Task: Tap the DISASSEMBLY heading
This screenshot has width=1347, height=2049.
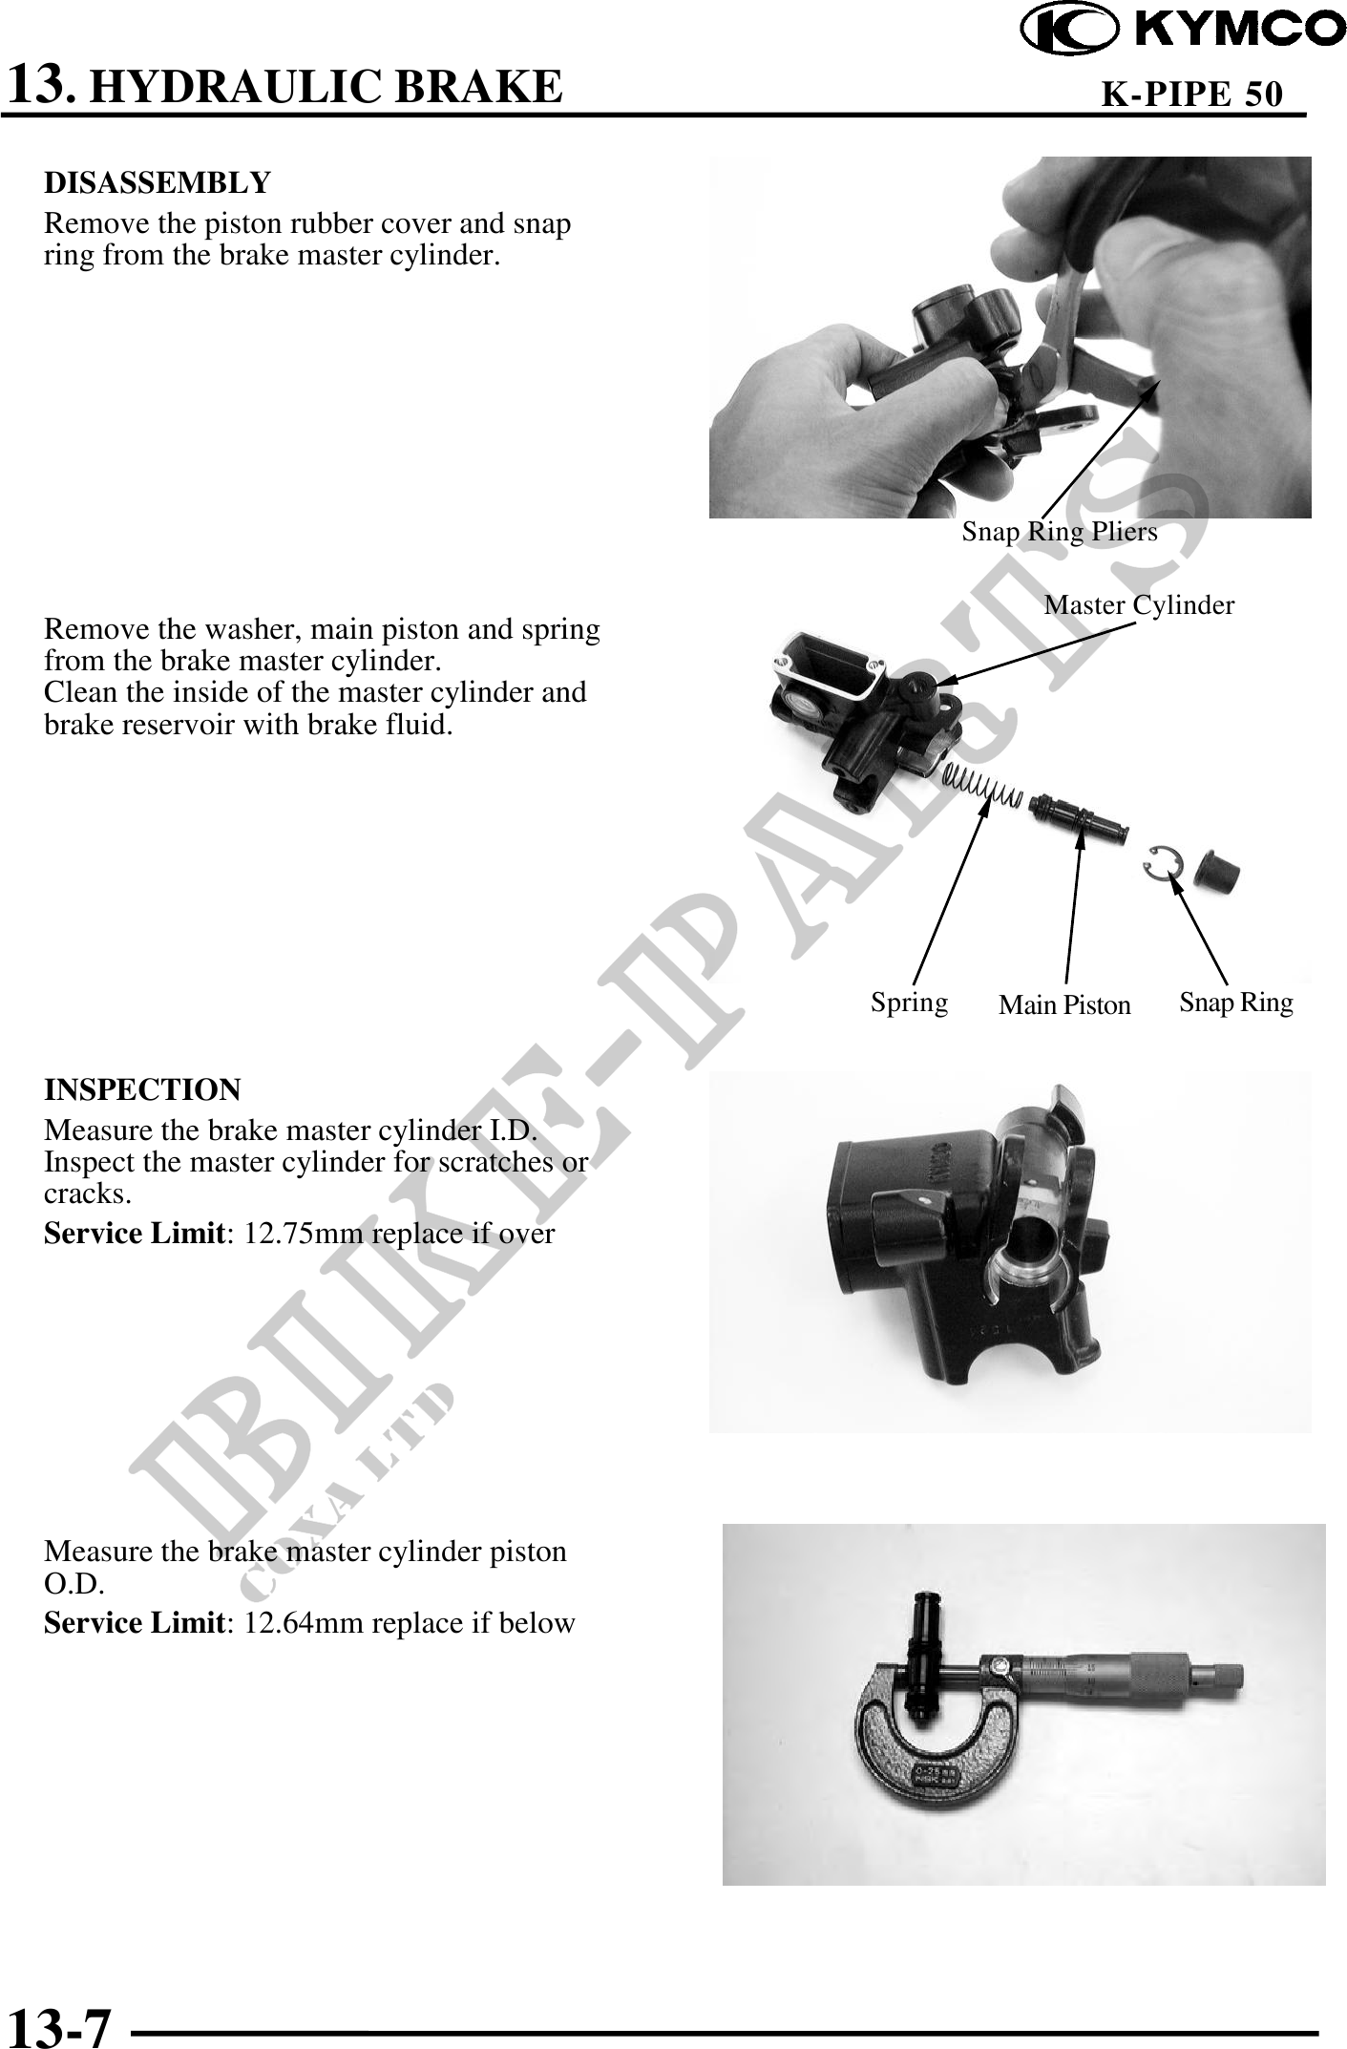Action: (158, 181)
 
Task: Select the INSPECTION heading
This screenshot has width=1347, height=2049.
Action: (143, 1088)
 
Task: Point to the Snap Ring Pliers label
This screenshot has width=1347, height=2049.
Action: (1060, 532)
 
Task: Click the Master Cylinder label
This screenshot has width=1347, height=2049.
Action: (1139, 604)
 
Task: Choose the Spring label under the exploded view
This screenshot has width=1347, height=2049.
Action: (909, 1003)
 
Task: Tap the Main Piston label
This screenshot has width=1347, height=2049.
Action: (1064, 1004)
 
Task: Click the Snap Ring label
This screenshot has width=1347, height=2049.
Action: (1236, 1002)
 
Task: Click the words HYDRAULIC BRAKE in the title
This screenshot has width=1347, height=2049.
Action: (330, 86)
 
